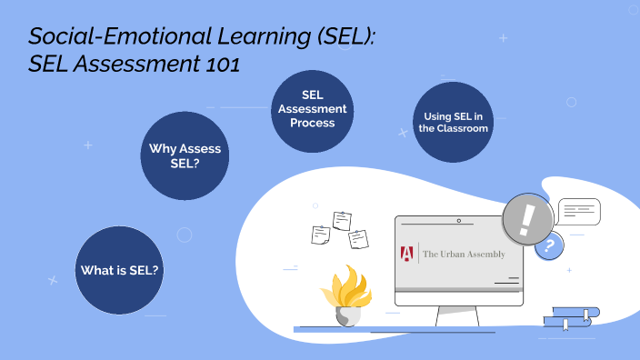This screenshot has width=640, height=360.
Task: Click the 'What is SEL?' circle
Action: pos(119,270)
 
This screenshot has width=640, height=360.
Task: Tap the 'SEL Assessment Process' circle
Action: pos(313,109)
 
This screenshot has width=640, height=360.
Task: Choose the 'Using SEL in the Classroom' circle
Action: pos(454,123)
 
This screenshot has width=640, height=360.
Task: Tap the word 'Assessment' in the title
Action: pos(135,65)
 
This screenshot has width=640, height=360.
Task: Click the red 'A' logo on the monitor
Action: pos(407,254)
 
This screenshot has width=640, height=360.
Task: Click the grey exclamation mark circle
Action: pos(527,219)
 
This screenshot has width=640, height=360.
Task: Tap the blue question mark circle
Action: pos(548,245)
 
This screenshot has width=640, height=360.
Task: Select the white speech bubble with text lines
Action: pos(578,212)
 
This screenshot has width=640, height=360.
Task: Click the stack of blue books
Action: pos(571,317)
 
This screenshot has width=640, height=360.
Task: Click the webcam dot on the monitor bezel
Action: pos(459,221)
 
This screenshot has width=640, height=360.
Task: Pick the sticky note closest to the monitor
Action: pos(358,238)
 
